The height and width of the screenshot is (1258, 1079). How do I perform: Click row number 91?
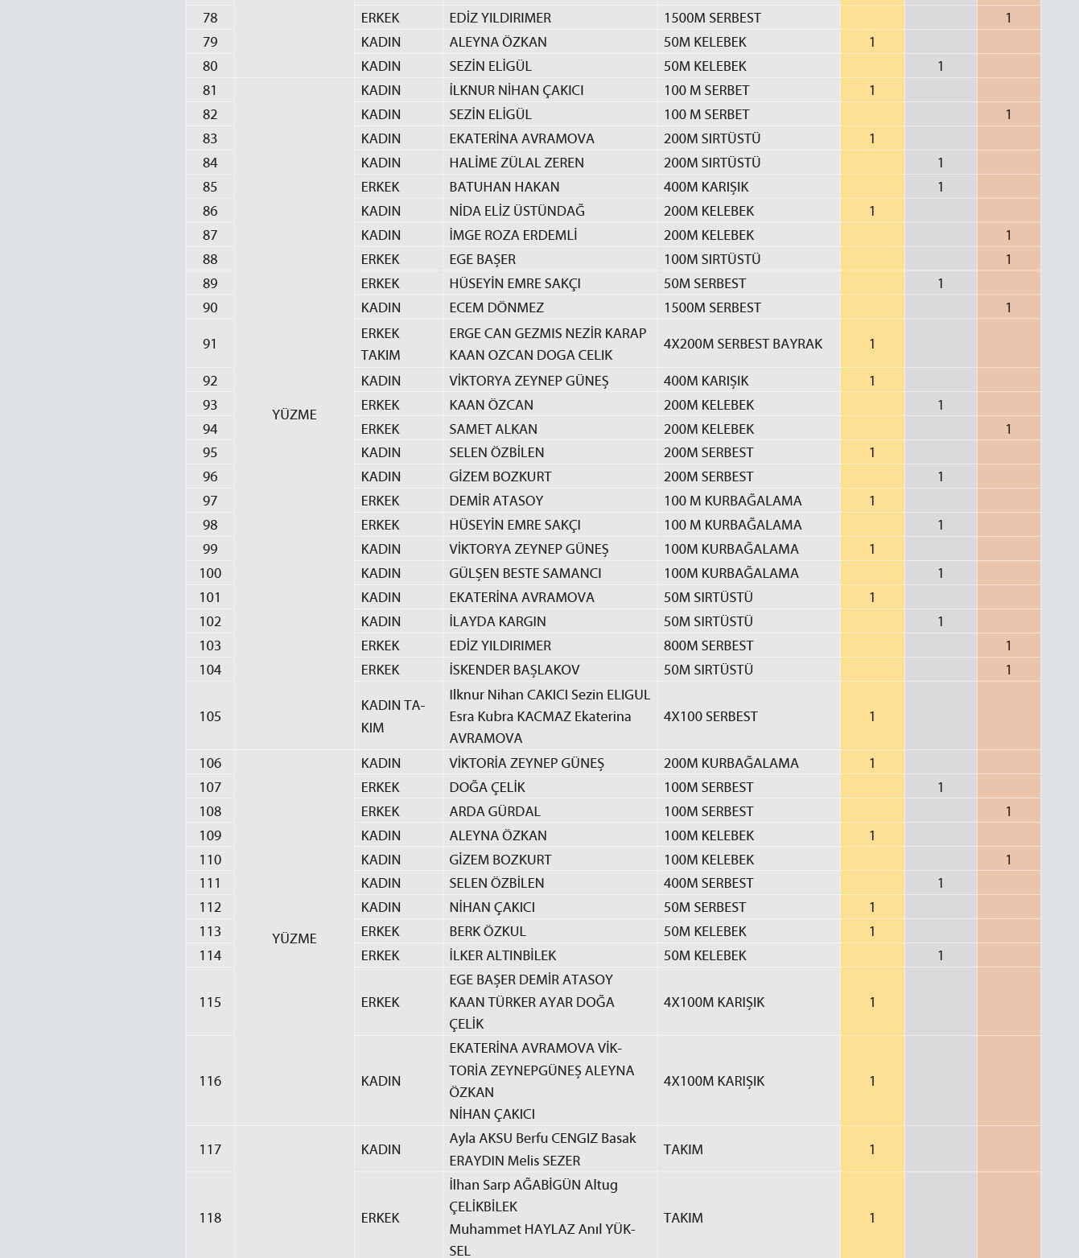pyautogui.click(x=210, y=344)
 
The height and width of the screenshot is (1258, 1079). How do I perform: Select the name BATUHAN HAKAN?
pyautogui.click(x=504, y=187)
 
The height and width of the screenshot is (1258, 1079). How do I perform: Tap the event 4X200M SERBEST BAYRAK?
pyautogui.click(x=743, y=344)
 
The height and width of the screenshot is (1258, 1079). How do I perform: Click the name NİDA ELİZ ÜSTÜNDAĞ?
pyautogui.click(x=517, y=211)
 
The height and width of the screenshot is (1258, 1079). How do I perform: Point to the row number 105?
pyautogui.click(x=210, y=716)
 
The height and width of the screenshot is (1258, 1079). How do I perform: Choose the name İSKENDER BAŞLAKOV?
pyautogui.click(x=514, y=670)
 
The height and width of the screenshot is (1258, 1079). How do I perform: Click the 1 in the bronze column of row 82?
pyautogui.click(x=1008, y=114)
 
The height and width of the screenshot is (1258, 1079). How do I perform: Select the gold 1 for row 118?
pyautogui.click(x=871, y=1218)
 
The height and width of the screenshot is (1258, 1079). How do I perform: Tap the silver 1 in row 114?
pyautogui.click(x=940, y=955)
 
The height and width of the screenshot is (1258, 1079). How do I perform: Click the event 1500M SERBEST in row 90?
pyautogui.click(x=712, y=307)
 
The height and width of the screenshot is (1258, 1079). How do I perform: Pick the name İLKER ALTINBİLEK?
pyautogui.click(x=502, y=955)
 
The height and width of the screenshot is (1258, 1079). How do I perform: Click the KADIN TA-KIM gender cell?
pyautogui.click(x=393, y=716)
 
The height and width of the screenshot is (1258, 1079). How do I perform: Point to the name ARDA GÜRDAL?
pyautogui.click(x=495, y=811)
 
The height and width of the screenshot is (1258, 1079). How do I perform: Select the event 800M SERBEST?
pyautogui.click(x=708, y=645)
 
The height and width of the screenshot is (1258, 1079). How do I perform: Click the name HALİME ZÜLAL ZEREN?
pyautogui.click(x=517, y=163)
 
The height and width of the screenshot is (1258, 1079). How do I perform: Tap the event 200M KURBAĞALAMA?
pyautogui.click(x=731, y=763)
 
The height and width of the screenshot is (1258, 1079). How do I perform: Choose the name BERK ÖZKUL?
pyautogui.click(x=488, y=931)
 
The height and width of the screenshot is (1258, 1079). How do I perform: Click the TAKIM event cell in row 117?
pyautogui.click(x=683, y=1149)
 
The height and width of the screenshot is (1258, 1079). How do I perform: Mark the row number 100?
pyautogui.click(x=210, y=573)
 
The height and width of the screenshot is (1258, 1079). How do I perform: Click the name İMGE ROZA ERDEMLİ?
pyautogui.click(x=513, y=235)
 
